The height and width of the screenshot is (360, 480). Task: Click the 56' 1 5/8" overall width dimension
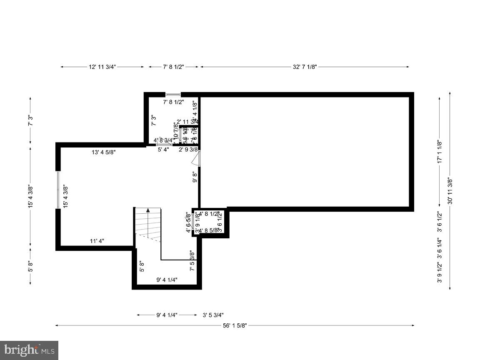tap(235, 325)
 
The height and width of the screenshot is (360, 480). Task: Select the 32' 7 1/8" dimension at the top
tap(305, 67)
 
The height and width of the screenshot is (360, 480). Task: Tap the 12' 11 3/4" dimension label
tap(102, 67)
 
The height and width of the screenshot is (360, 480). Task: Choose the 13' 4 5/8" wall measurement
tap(104, 152)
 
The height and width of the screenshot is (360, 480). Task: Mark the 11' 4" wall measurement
tap(97, 241)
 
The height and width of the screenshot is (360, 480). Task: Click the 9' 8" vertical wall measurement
tap(195, 177)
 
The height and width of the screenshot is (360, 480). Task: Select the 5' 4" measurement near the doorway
tap(163, 150)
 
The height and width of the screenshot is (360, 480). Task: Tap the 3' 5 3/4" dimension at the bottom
tap(216, 315)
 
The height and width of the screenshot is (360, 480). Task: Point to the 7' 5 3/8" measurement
tap(192, 260)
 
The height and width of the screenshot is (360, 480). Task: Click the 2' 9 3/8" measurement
tap(188, 150)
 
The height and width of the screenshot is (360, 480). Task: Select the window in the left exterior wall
tap(58, 190)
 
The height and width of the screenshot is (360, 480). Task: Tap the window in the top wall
tap(173, 95)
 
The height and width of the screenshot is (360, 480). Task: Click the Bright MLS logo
tap(29, 350)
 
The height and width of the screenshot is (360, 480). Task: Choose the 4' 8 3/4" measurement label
tap(164, 141)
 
